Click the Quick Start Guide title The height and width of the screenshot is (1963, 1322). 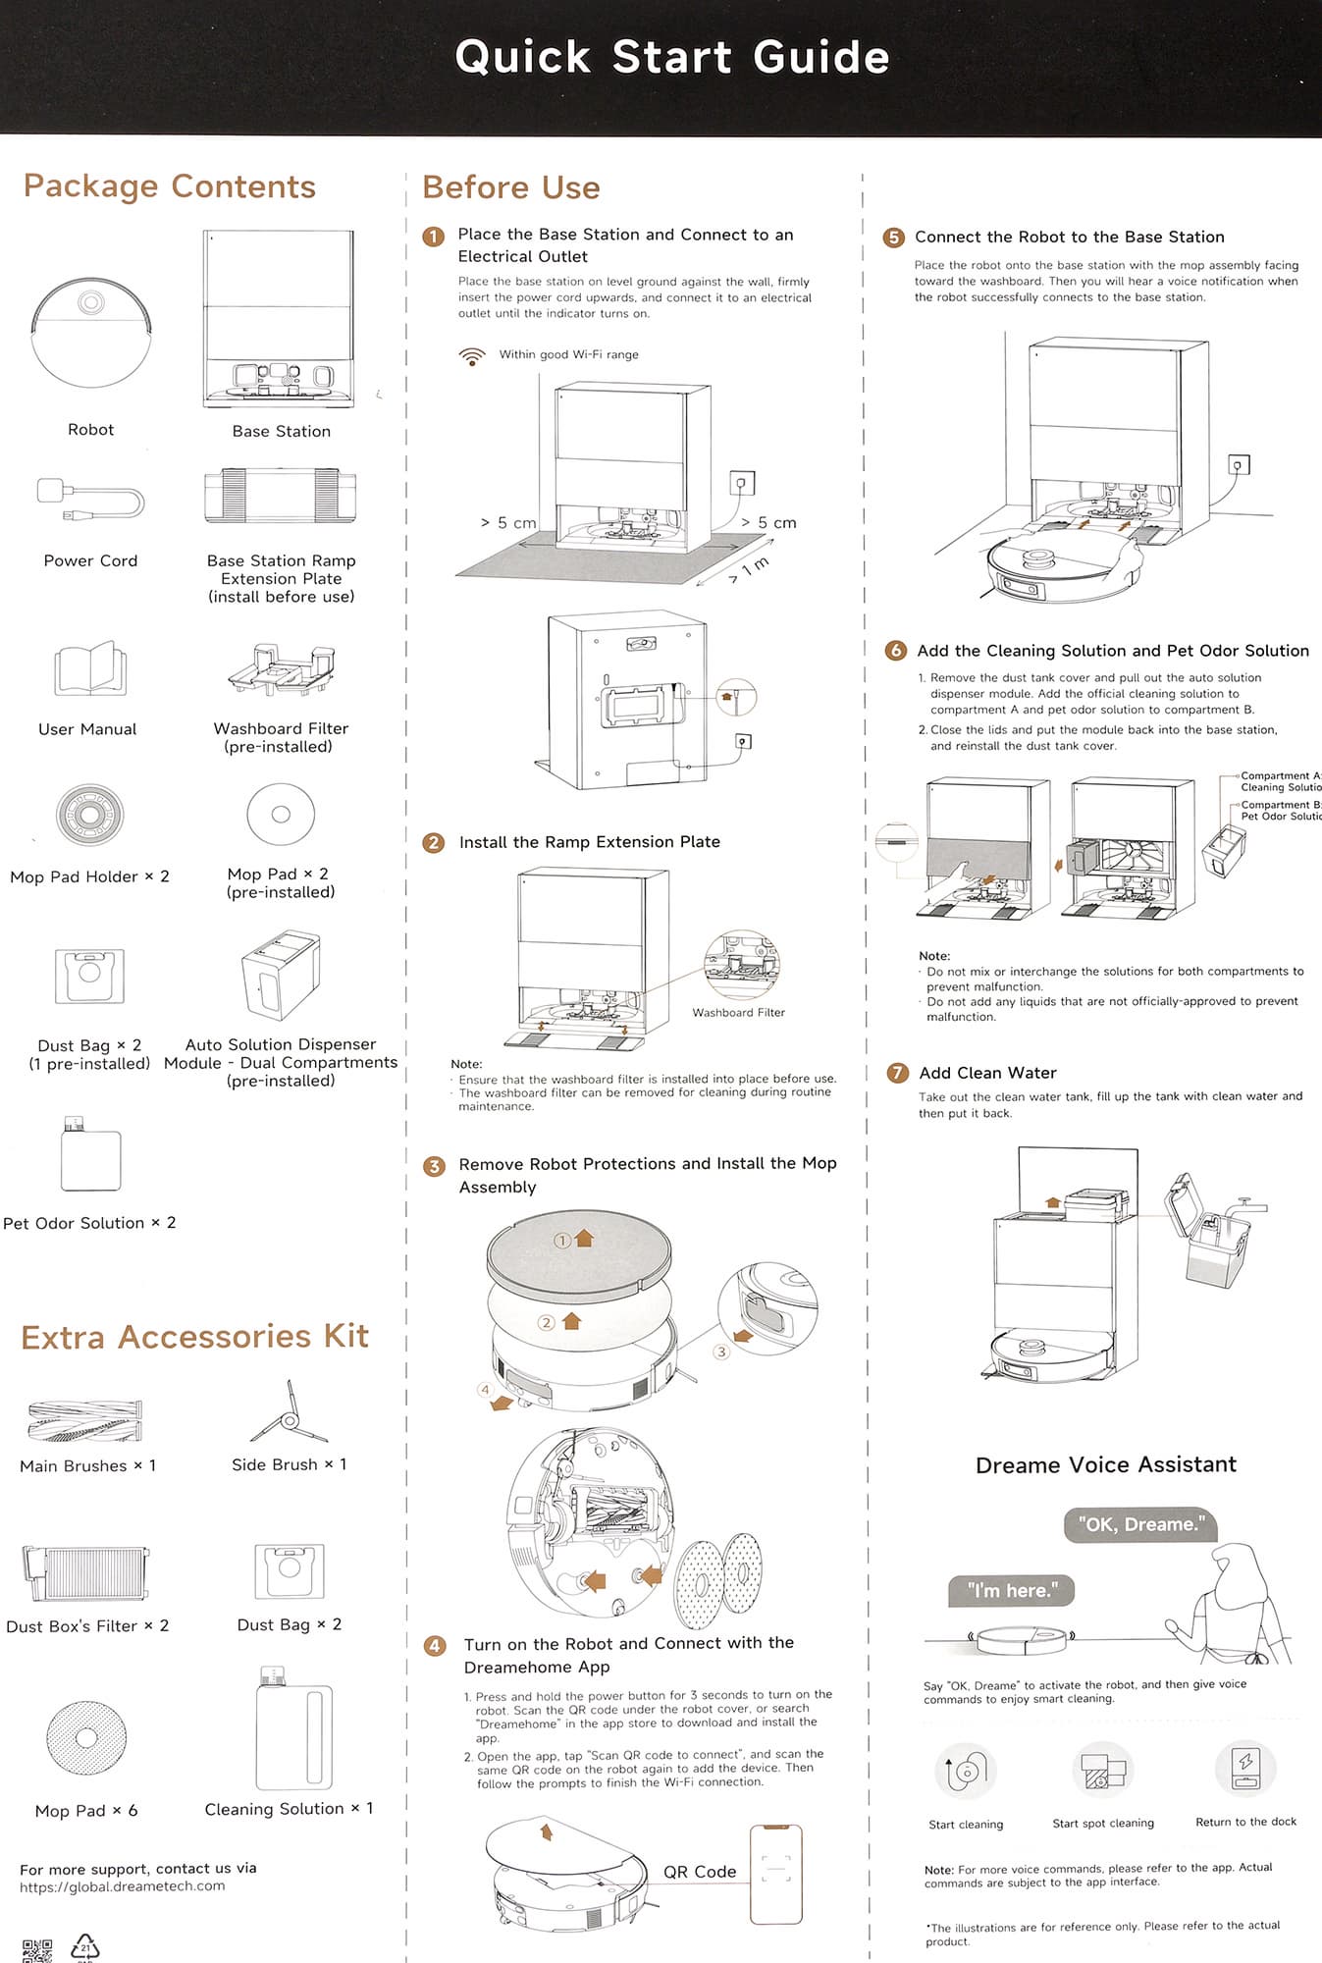672,57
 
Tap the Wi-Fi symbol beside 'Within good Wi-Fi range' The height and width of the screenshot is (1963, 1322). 472,355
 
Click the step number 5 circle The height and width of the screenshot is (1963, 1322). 893,238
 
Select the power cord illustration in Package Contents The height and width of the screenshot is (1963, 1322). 90,501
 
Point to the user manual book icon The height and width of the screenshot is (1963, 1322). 90,669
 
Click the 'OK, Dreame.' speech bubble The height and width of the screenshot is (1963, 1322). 1140,1524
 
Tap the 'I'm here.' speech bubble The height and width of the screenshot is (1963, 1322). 1012,1590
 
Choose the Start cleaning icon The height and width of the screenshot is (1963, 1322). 966,1771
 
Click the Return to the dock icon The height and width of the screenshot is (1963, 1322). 1245,1769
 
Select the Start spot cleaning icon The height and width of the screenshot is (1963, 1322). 1103,1770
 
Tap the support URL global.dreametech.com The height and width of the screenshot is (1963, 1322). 123,1886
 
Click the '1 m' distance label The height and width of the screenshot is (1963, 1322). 755,566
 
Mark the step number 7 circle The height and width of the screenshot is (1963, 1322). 897,1073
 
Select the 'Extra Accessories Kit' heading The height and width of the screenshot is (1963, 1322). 195,1337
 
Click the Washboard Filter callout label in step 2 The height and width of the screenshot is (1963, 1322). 738,1013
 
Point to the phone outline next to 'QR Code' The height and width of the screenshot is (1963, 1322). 775,1874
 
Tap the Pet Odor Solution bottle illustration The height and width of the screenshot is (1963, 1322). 89,1155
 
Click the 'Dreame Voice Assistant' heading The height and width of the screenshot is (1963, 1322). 1106,1464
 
